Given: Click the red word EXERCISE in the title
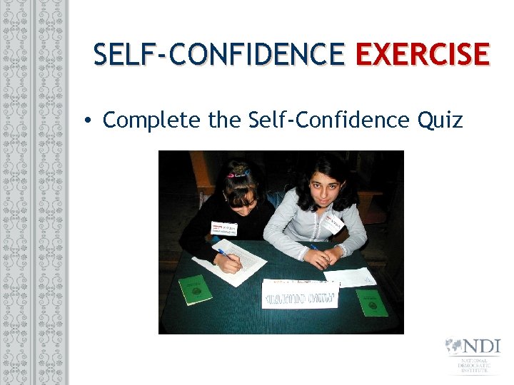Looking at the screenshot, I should coord(422,54).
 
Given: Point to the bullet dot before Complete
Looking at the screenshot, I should coord(86,121).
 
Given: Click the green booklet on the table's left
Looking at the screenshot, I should coord(195,289).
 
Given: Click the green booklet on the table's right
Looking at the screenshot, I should coord(371,302).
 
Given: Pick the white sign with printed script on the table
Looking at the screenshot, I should coord(299,294).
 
